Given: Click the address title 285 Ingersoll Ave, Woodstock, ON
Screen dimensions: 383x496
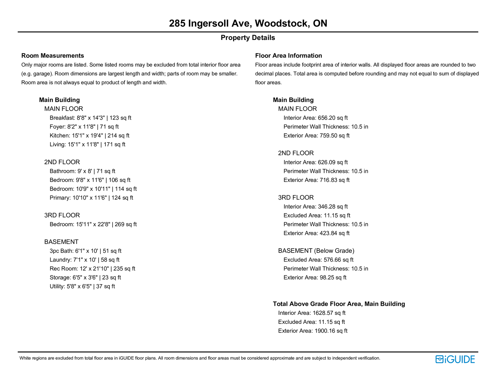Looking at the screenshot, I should [248, 24].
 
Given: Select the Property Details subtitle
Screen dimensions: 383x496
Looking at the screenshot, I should [248, 38].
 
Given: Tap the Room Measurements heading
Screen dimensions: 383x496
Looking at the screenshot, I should [53, 56].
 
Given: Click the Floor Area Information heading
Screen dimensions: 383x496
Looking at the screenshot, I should [288, 56].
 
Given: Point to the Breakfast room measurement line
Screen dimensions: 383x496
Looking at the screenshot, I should [91, 118].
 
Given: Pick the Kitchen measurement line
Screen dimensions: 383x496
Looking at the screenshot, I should [90, 135].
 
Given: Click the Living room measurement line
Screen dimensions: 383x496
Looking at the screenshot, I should [87, 144].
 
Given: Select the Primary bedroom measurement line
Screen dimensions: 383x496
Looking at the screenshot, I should [91, 198].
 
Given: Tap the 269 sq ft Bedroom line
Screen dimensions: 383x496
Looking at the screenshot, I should [93, 224].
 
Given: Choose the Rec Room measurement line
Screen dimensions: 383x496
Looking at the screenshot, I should [92, 269].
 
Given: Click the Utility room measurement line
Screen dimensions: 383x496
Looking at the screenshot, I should [82, 286].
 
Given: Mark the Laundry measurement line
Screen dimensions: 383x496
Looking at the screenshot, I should [85, 260].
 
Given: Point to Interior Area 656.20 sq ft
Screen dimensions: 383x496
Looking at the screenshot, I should [316, 118].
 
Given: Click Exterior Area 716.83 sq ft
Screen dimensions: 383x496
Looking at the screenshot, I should [317, 180].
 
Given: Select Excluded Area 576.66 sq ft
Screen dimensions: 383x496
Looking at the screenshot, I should [318, 260].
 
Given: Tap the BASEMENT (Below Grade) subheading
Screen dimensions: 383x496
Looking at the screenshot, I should [316, 251].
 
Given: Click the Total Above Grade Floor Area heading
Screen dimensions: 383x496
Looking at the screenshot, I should [339, 304].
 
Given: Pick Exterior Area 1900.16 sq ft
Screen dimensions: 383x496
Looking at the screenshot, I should [313, 331].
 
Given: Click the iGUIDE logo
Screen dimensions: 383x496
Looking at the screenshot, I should [455, 359].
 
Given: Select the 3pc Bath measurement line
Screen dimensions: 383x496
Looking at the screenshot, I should [86, 251].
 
